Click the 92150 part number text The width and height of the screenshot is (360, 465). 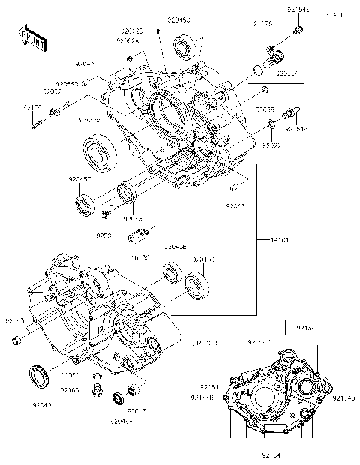click(32, 107)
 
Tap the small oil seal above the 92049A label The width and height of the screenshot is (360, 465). click(118, 397)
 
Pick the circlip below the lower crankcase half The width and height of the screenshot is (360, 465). click(96, 388)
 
